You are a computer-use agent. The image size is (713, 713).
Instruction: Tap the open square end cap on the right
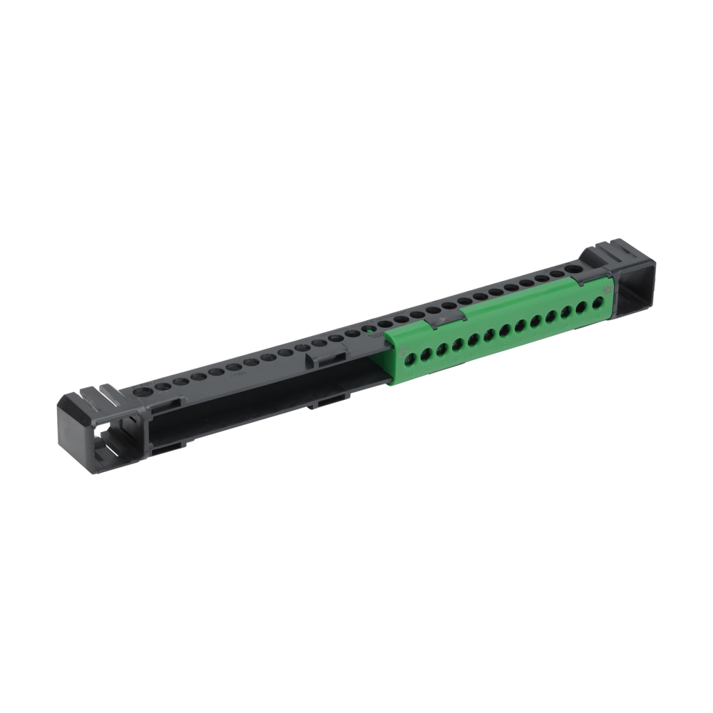pos(633,293)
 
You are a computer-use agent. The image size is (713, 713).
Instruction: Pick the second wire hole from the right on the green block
pos(583,307)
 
